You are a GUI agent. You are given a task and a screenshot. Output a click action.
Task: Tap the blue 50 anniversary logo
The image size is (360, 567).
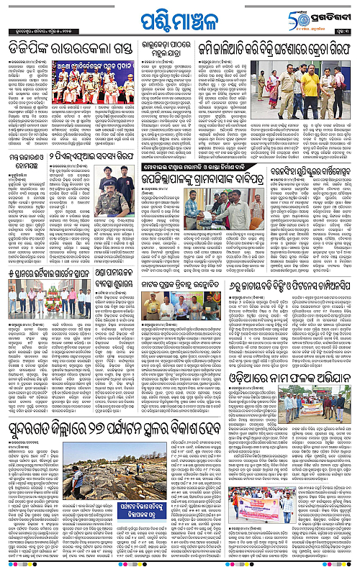pyautogui.click(x=304, y=16)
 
